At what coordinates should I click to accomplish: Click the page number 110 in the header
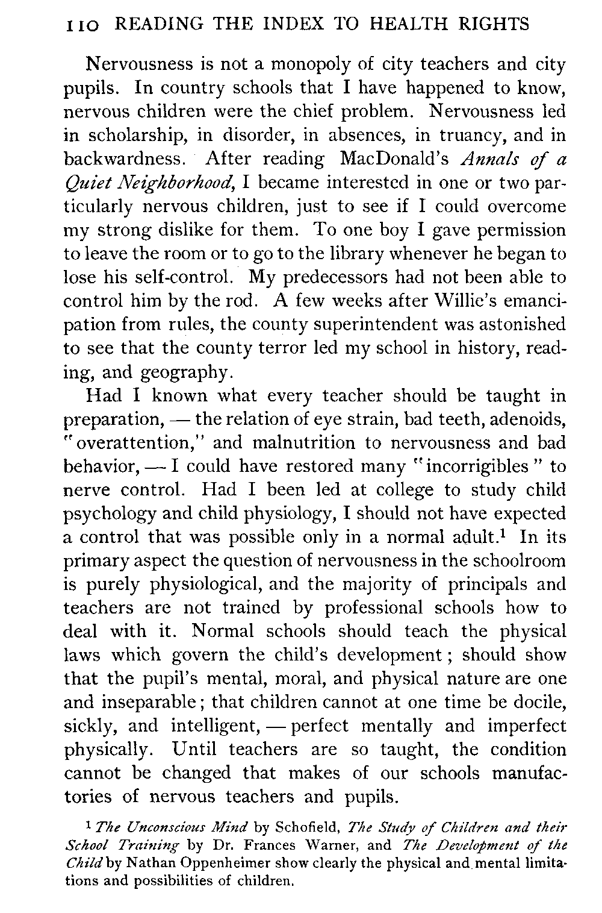tap(84, 25)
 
